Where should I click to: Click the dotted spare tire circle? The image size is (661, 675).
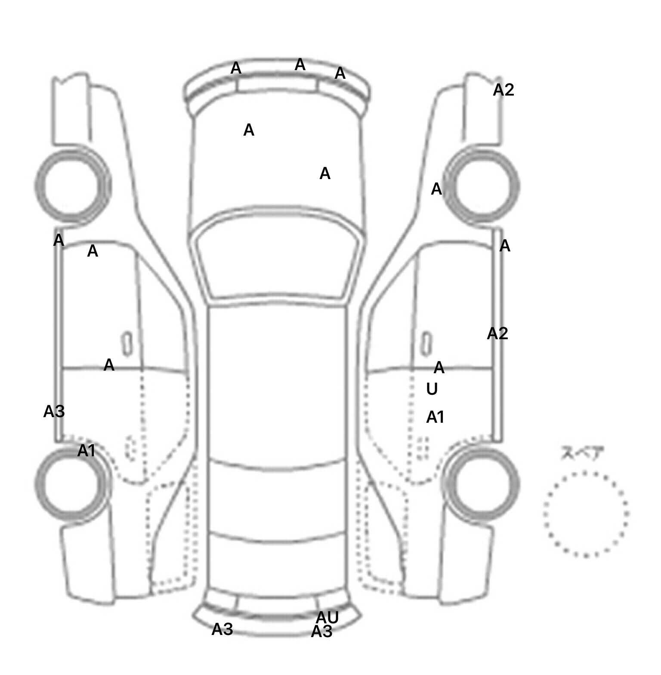[585, 514]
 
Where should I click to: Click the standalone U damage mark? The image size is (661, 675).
[432, 389]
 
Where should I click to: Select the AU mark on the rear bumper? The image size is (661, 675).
[327, 618]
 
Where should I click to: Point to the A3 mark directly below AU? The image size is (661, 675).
[321, 632]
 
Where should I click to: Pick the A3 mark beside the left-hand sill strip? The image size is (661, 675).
[54, 412]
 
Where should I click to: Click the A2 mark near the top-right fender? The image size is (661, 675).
[503, 90]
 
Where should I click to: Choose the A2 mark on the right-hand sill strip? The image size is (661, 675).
[497, 334]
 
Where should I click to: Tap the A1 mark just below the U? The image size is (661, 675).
[435, 417]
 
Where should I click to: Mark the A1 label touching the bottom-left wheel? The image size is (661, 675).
[86, 451]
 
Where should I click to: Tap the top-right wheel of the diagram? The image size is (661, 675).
[483, 186]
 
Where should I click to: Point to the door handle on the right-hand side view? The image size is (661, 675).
[426, 344]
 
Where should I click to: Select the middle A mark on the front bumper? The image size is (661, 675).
[300, 65]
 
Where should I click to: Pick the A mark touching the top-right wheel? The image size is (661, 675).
[436, 189]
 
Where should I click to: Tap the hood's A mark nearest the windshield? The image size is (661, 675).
[325, 173]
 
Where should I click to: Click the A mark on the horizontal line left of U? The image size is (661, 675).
[439, 368]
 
